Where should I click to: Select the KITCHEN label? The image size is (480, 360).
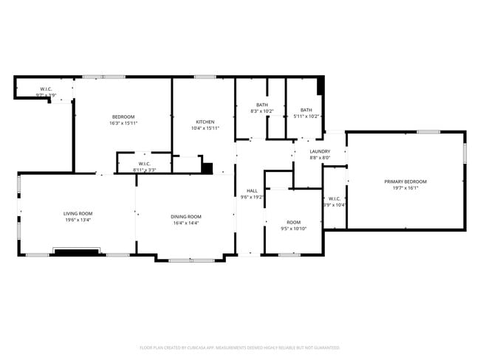pyautogui.click(x=205, y=122)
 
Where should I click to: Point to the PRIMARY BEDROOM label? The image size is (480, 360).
pyautogui.click(x=405, y=181)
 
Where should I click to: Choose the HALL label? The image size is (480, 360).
pyautogui.click(x=252, y=191)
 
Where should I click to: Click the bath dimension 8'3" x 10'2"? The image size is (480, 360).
pyautogui.click(x=262, y=111)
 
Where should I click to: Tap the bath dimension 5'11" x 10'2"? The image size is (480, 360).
pyautogui.click(x=306, y=116)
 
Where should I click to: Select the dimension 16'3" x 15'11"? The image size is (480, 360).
pyautogui.click(x=123, y=123)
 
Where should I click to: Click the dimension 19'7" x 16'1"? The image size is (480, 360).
pyautogui.click(x=405, y=188)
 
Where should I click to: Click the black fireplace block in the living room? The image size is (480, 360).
pyautogui.click(x=77, y=252)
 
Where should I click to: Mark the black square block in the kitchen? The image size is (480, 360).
pyautogui.click(x=208, y=168)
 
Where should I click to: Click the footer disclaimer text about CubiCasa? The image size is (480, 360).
pyautogui.click(x=240, y=347)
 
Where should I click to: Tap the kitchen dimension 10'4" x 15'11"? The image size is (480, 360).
pyautogui.click(x=205, y=128)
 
